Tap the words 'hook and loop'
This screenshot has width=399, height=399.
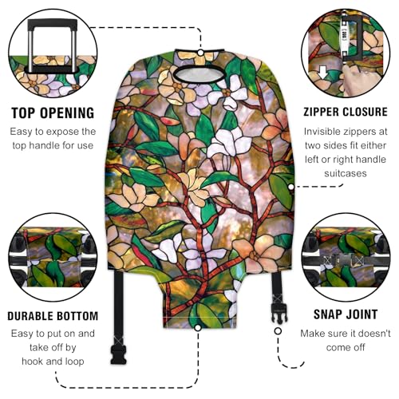pos(53,360)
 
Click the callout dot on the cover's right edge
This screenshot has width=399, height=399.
pos(290,185)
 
